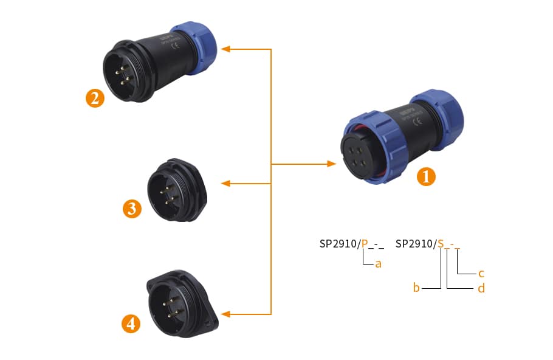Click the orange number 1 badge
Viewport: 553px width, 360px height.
pyautogui.click(x=426, y=177)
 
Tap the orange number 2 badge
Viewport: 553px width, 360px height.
pyautogui.click(x=94, y=98)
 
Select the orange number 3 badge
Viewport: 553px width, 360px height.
pyautogui.click(x=132, y=209)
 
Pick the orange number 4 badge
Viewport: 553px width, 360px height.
pyautogui.click(x=131, y=324)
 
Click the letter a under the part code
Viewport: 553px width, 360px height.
pyautogui.click(x=378, y=264)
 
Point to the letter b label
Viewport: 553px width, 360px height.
pyautogui.click(x=416, y=288)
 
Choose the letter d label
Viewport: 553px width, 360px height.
pyautogui.click(x=481, y=288)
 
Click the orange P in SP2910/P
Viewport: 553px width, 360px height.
pyautogui.click(x=365, y=244)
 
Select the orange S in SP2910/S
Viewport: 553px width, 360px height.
pyautogui.click(x=441, y=244)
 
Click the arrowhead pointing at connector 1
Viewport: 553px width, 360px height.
pyautogui.click(x=332, y=164)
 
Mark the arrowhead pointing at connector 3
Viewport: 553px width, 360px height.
pyautogui.click(x=225, y=183)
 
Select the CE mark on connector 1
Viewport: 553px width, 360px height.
pyautogui.click(x=417, y=121)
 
